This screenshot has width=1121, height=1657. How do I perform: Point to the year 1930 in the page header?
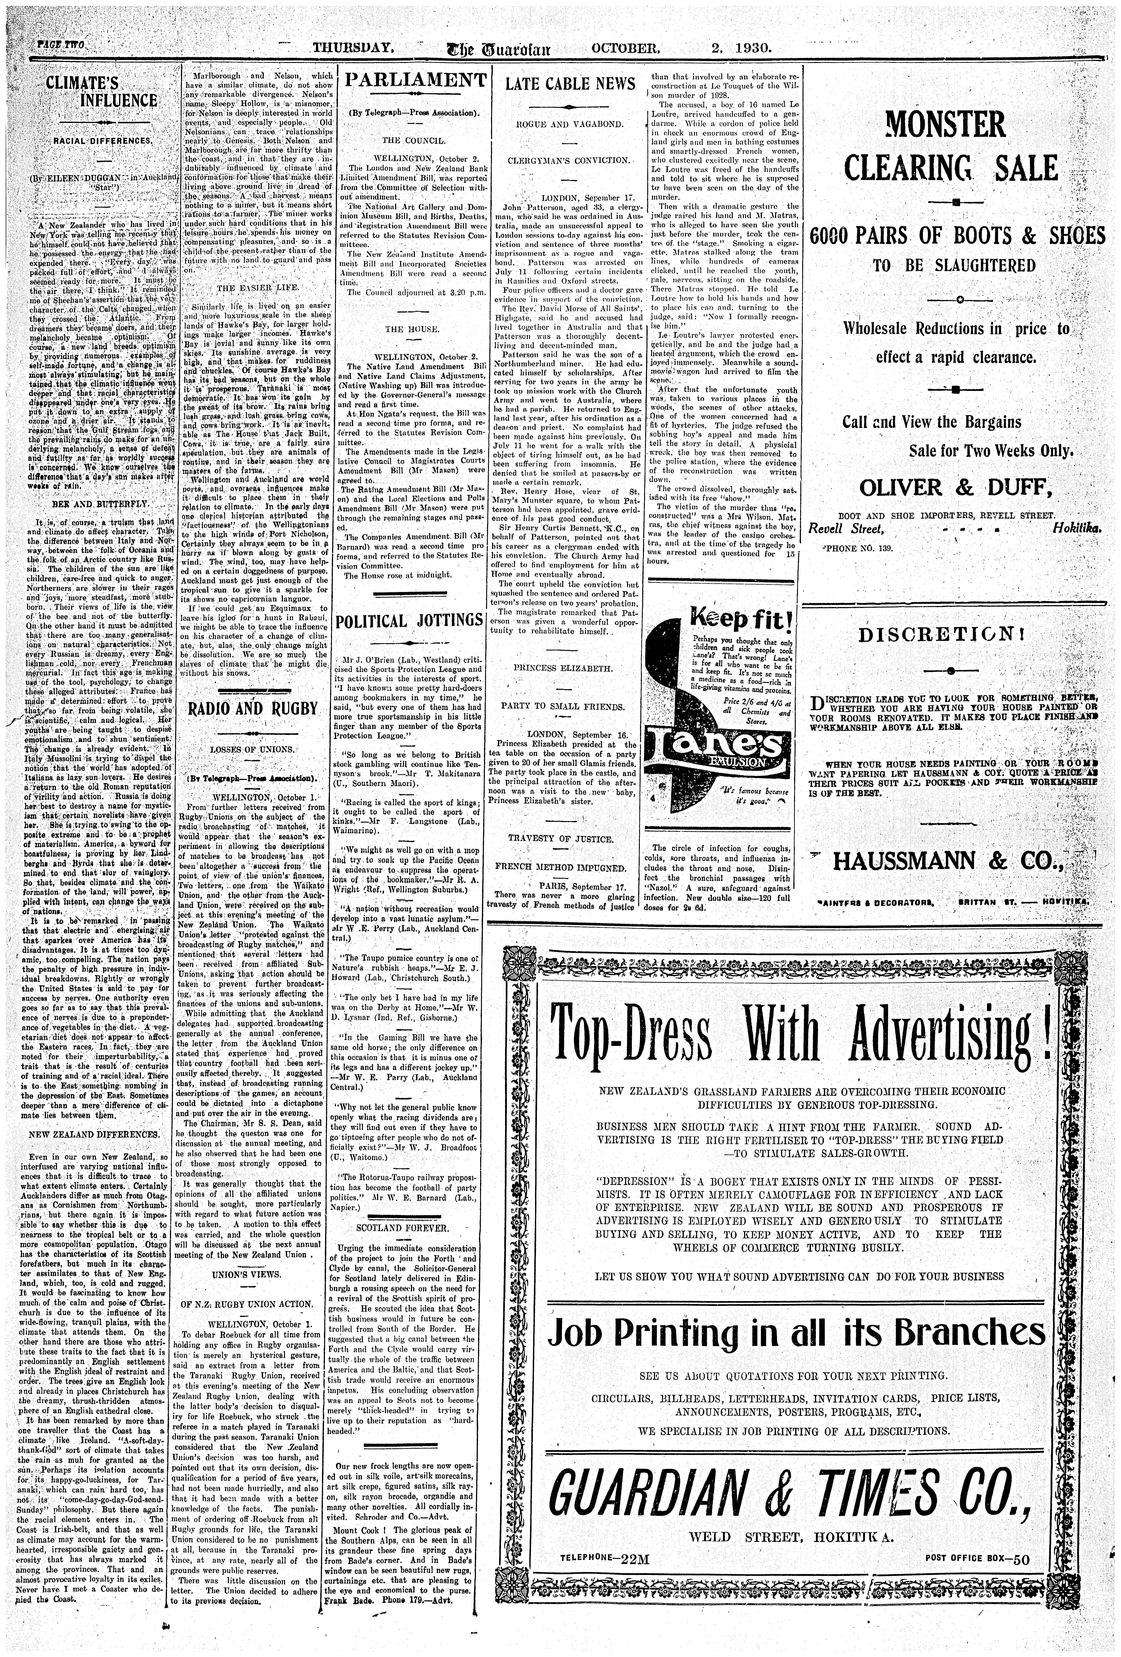tap(750, 49)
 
